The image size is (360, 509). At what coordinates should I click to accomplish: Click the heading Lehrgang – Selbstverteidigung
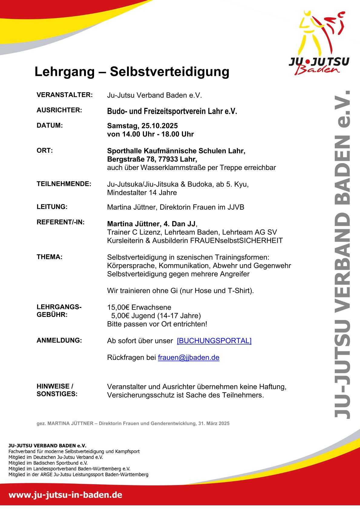point(132,72)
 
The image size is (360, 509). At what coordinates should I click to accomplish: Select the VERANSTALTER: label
point(64,95)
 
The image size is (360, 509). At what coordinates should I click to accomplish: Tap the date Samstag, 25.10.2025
point(142,126)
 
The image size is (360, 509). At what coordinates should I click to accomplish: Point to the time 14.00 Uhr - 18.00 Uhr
point(158,134)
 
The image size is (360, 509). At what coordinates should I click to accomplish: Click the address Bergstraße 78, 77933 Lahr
point(152,159)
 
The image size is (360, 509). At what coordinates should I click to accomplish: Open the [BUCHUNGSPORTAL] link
point(214,341)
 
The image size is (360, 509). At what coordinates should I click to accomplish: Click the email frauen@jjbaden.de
point(188,357)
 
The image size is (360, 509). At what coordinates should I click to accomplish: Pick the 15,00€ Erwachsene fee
point(139,308)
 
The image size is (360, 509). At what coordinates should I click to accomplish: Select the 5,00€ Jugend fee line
point(156,316)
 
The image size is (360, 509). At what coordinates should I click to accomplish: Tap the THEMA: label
point(50,257)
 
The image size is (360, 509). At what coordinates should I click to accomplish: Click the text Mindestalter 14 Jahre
point(142,193)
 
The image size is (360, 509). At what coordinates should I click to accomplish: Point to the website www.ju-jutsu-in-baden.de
point(65,495)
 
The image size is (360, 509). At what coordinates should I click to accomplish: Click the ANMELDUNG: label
point(59,341)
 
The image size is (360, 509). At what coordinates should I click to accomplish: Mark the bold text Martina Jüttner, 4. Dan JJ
point(151,224)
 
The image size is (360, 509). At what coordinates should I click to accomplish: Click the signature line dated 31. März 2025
point(133,423)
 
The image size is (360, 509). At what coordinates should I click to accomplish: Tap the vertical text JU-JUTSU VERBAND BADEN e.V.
point(343,254)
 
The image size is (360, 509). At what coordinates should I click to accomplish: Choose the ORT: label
point(45,151)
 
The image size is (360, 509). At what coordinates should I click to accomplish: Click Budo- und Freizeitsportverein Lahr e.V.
point(172,111)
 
